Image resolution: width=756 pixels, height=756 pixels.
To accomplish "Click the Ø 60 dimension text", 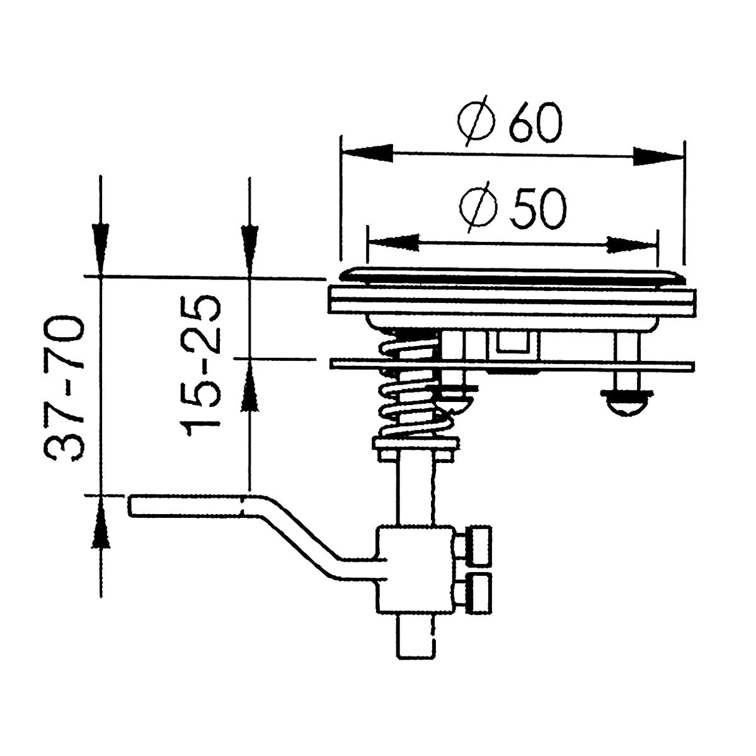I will pyautogui.click(x=509, y=126).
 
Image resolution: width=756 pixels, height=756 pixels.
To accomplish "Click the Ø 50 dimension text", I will pyautogui.click(x=512, y=209).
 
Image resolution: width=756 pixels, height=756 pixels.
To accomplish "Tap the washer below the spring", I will pyautogui.click(x=415, y=447).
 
